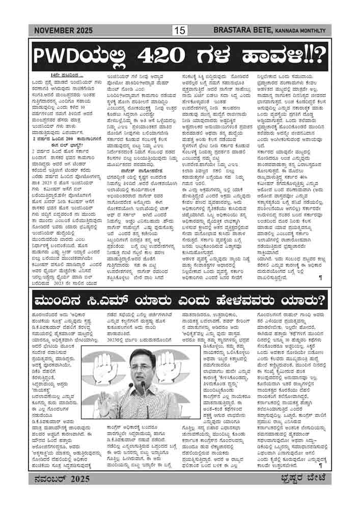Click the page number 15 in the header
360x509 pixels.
(x=180, y=31)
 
